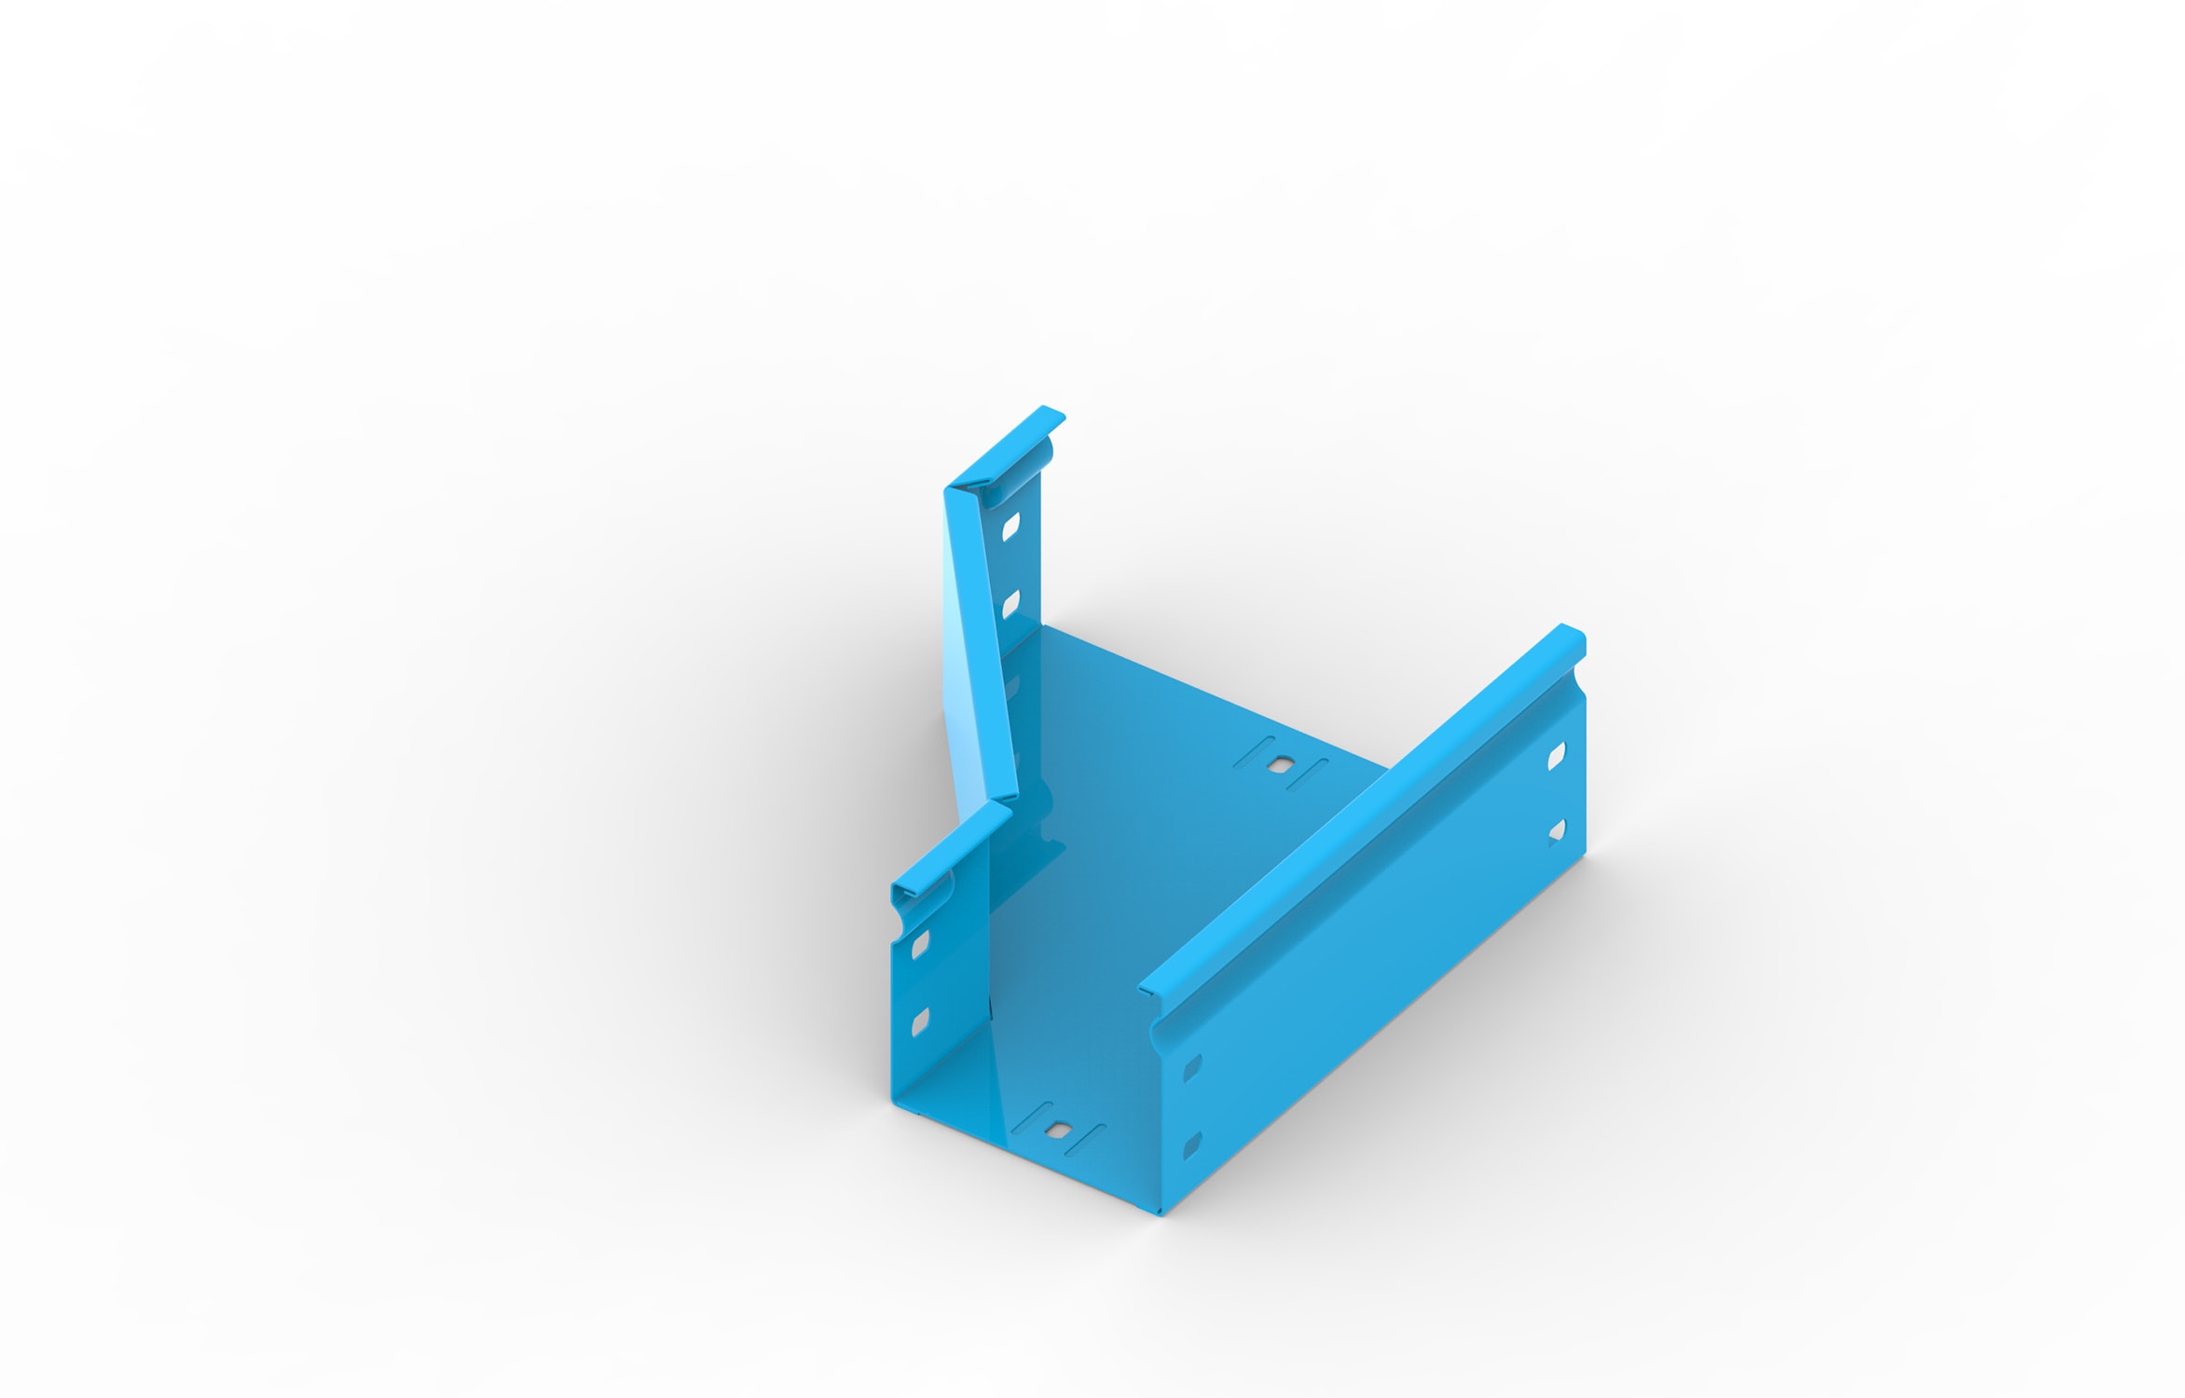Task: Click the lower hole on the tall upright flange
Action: coord(1010,604)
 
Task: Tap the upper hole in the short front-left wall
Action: coord(920,945)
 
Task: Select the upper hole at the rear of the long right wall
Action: coord(1556,756)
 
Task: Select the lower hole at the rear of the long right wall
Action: coord(1556,830)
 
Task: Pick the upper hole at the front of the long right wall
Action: coord(1191,1068)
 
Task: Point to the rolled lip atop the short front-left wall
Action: coord(951,848)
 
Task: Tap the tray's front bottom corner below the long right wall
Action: coord(1161,1212)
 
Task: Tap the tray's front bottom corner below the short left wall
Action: coord(895,1103)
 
